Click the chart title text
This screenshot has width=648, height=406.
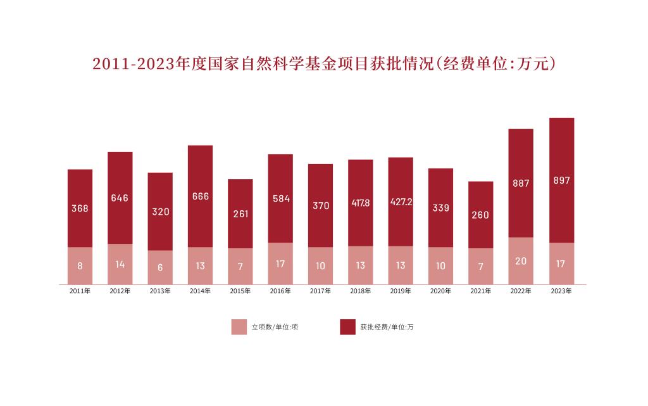click(324, 65)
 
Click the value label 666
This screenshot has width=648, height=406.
click(201, 196)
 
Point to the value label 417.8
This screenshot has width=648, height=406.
click(361, 203)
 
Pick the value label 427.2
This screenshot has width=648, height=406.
click(401, 202)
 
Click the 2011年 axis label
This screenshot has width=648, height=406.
click(80, 292)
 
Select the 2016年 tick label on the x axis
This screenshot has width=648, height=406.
click(280, 292)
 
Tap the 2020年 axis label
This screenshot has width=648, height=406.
click(440, 292)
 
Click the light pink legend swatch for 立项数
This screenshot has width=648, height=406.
click(239, 327)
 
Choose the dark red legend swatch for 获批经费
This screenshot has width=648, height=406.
click(347, 327)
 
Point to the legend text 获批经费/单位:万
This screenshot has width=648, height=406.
click(387, 327)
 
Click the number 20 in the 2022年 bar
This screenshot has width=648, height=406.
click(521, 261)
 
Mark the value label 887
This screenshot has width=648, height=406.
click(521, 184)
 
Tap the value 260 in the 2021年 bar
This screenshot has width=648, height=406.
click(481, 215)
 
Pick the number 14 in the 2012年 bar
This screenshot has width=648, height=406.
click(120, 264)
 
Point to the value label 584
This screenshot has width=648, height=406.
click(280, 199)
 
